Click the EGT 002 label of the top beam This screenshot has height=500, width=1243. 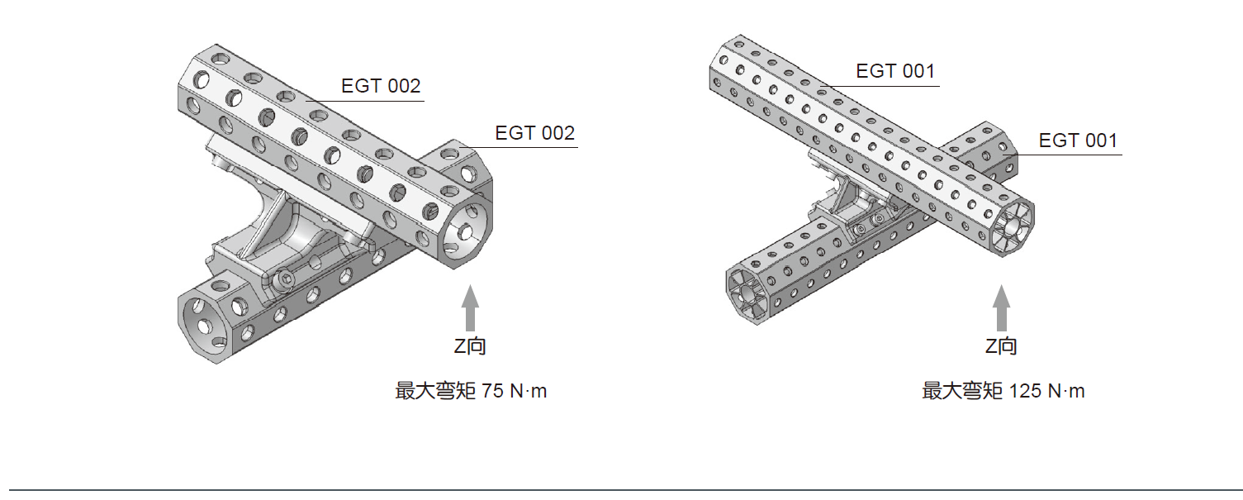tap(381, 86)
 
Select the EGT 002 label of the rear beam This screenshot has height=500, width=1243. tap(534, 133)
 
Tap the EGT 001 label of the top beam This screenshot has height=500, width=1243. tap(895, 71)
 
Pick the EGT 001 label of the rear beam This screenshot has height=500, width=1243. tap(1078, 140)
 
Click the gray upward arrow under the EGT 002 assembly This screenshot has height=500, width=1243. tap(469, 307)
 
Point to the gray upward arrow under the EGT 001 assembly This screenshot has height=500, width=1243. tap(1001, 307)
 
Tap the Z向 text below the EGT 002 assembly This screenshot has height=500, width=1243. tap(470, 346)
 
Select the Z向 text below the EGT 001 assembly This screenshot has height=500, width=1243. tap(1001, 346)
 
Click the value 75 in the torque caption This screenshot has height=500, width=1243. tap(492, 391)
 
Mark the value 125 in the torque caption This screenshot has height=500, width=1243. tap(1025, 391)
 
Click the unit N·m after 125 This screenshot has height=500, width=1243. tap(1065, 391)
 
